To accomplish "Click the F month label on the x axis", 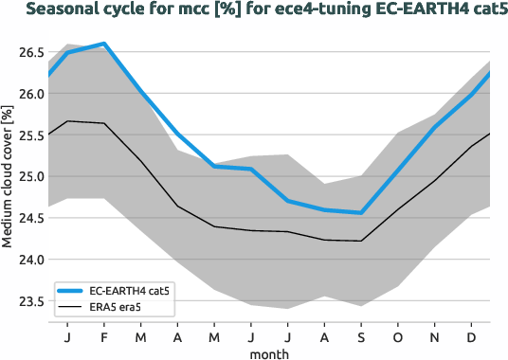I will [104, 337].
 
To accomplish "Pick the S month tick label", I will [361, 337].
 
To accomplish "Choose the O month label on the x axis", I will [398, 337].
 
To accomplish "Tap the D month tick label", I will [471, 337].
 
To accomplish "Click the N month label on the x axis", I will [435, 337].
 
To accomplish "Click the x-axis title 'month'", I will [270, 352].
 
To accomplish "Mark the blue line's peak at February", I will [104, 44].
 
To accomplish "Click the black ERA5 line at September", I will [361, 241].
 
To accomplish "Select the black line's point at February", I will [104, 123].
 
